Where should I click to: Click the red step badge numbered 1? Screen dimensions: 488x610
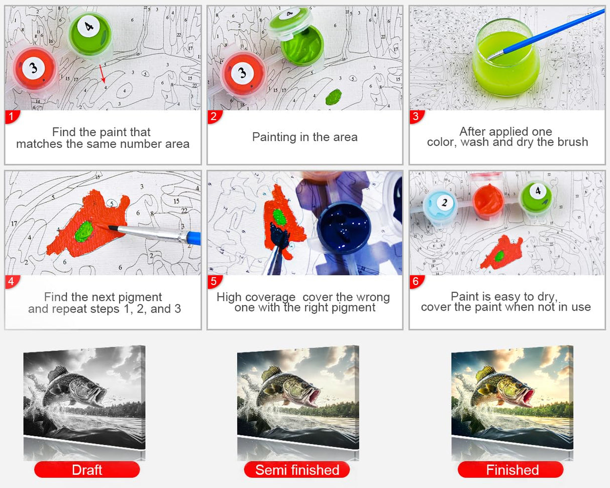12,117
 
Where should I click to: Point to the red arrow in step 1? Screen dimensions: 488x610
102,73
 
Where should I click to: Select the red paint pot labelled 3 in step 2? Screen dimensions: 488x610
243,73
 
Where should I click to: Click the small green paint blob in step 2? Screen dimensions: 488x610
333,96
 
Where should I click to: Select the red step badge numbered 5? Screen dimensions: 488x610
214,281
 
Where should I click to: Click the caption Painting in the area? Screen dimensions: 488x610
304,137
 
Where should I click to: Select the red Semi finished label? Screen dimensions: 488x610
297,470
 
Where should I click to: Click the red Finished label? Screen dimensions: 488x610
511,470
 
